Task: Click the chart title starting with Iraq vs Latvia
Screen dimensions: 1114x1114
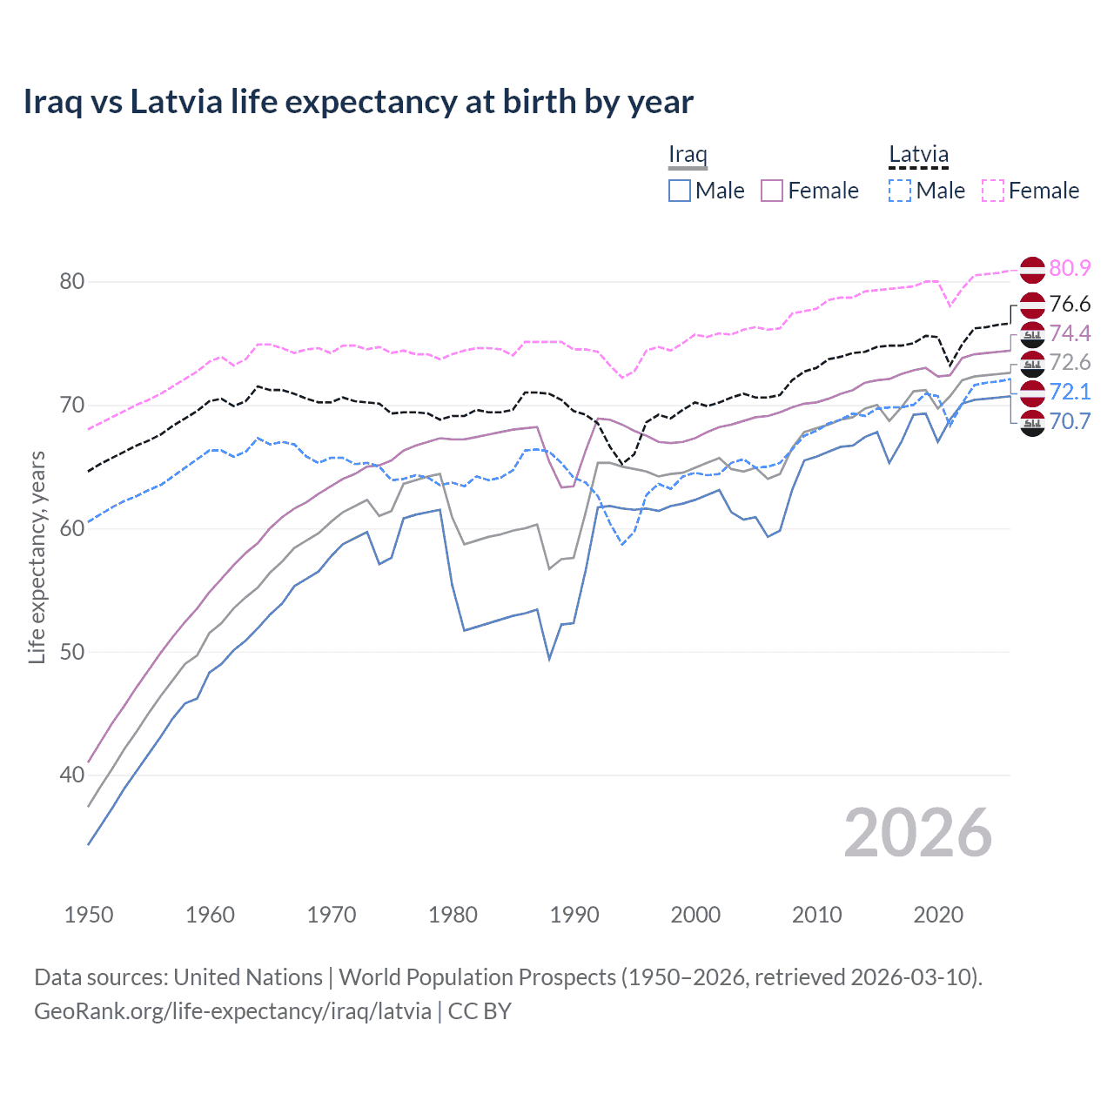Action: (x=358, y=102)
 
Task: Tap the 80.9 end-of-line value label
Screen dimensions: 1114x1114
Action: (x=1070, y=268)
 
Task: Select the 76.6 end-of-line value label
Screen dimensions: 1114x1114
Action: (x=1070, y=304)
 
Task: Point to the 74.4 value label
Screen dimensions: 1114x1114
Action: (x=1070, y=333)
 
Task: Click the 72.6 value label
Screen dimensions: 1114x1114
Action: (x=1070, y=362)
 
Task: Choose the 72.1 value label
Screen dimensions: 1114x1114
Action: (x=1070, y=392)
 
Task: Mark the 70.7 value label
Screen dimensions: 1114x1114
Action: (x=1070, y=421)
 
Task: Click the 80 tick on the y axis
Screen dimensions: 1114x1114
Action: (x=72, y=281)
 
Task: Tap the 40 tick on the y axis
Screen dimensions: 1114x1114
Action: (x=72, y=775)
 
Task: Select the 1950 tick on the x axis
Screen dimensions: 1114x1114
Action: (x=89, y=915)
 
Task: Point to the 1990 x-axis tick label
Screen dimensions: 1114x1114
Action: (x=574, y=915)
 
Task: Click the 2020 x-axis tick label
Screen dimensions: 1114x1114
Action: (x=938, y=915)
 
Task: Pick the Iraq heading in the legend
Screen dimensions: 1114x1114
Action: (x=688, y=154)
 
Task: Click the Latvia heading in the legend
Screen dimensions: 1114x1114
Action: (x=918, y=154)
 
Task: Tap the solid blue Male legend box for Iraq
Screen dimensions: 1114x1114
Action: (x=680, y=191)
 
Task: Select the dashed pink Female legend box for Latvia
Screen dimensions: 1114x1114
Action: (x=993, y=191)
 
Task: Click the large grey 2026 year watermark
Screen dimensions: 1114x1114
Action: (x=917, y=833)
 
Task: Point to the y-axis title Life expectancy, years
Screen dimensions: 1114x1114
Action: (x=37, y=557)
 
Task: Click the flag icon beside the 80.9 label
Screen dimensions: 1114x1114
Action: (x=1032, y=270)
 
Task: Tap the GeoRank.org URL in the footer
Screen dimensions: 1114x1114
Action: (x=232, y=1011)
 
